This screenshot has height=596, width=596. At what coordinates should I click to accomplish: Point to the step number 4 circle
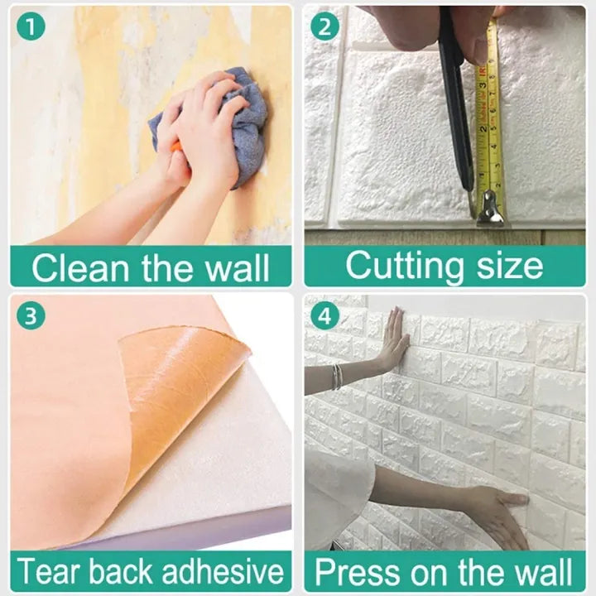tap(324, 315)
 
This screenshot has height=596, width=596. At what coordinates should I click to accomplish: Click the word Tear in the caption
tap(49, 571)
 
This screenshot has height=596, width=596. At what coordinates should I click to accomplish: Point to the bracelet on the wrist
tap(337, 377)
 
